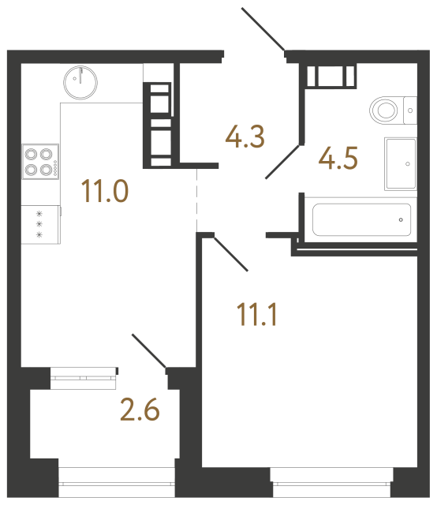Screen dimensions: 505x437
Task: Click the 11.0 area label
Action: tap(104, 191)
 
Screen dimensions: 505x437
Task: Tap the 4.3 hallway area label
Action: tap(245, 137)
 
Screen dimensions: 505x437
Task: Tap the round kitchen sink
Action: tap(80, 79)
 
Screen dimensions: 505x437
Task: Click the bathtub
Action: tap(360, 218)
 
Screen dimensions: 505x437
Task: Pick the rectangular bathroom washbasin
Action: tap(400, 163)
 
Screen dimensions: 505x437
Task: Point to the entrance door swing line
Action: tap(263, 30)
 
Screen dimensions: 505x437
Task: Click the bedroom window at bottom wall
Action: tap(331, 476)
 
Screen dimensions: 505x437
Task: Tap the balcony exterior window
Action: tap(116, 476)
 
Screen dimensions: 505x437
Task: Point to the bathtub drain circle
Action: tap(401, 219)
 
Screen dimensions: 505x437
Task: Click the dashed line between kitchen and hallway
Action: tap(196, 197)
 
